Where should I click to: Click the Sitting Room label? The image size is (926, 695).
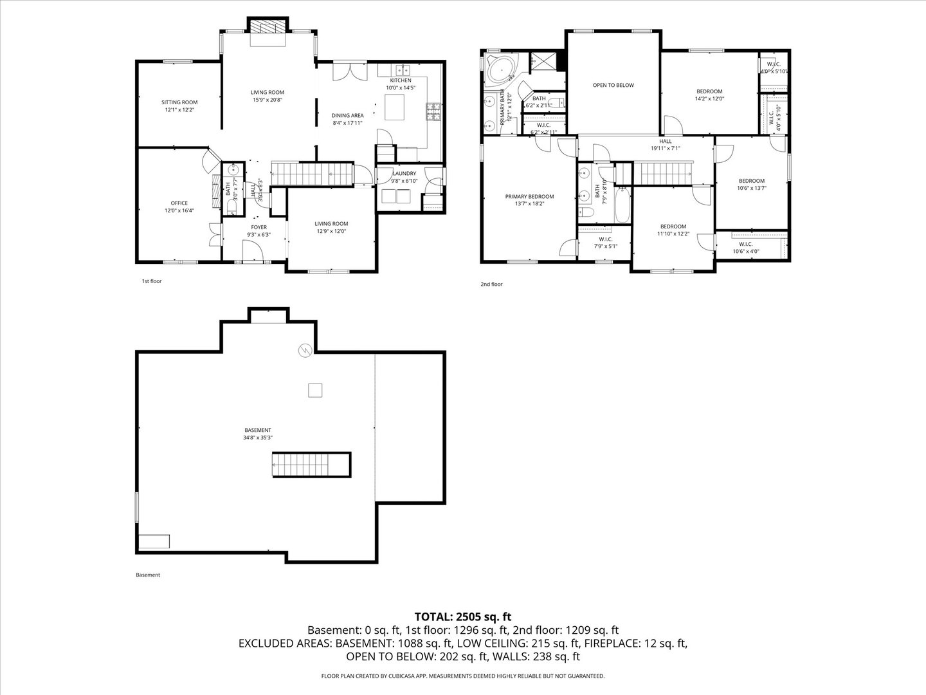179,106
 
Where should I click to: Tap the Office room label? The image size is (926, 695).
179,207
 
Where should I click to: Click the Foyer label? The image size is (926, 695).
259,231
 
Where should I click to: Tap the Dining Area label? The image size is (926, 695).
347,119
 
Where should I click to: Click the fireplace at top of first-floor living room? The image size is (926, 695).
268,26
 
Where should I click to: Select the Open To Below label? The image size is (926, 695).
613,85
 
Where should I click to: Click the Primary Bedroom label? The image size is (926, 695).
529,200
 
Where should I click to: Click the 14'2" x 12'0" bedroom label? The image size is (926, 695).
709,95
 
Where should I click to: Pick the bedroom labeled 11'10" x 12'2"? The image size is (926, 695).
673,230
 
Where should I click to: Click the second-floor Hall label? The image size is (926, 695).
665,145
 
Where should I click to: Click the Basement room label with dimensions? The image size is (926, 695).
258,434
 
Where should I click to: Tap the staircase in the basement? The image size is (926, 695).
311,465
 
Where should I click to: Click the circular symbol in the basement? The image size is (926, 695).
305,351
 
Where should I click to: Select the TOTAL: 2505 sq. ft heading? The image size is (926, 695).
463,616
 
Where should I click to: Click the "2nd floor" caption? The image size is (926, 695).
491,284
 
